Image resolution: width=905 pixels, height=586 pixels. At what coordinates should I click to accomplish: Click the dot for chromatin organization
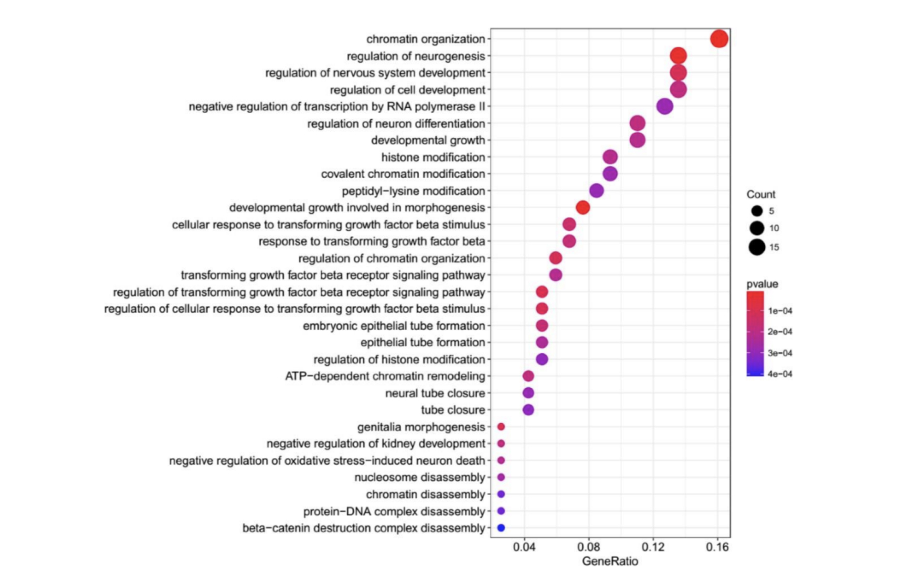719,39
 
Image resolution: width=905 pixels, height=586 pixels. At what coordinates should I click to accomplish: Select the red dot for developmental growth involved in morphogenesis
583,208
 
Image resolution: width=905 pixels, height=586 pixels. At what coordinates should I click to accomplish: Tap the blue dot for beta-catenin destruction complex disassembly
501,528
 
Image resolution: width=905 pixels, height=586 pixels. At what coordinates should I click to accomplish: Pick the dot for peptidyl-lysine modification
596,191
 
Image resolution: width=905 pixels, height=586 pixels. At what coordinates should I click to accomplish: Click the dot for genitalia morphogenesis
501,427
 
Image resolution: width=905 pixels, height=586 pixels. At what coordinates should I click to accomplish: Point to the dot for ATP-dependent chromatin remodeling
528,376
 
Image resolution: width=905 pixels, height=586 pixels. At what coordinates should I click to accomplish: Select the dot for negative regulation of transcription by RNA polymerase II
665,106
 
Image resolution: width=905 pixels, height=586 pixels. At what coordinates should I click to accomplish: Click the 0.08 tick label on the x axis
589,547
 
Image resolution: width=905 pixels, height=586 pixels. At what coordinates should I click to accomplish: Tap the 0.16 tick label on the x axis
718,547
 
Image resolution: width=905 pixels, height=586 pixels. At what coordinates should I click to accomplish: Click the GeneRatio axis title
610,561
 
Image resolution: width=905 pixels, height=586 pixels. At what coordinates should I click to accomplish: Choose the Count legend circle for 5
757,211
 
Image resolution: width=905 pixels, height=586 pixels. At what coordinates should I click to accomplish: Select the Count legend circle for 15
757,247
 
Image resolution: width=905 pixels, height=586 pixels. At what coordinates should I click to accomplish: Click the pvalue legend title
762,284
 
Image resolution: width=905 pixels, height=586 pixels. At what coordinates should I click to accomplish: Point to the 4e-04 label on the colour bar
780,374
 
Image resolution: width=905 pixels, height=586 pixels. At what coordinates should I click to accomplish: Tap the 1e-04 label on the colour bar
780,311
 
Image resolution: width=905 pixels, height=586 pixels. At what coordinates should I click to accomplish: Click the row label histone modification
433,157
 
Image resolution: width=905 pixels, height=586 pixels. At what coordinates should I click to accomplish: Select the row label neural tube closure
435,393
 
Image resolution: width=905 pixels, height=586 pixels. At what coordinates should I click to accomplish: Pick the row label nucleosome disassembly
420,478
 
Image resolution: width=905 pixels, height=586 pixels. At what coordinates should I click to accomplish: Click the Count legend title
761,195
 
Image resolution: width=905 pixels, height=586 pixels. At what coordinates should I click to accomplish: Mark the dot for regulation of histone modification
542,359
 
